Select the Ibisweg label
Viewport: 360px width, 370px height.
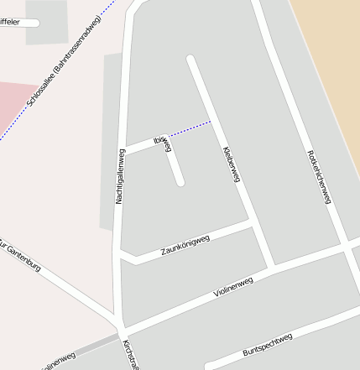click(163, 143)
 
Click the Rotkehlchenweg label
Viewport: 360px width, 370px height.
click(320, 176)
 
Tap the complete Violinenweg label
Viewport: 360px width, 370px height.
click(232, 287)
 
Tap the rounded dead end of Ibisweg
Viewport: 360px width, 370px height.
click(180, 181)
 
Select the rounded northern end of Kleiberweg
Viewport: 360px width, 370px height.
click(191, 60)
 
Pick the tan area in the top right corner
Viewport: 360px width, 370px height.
click(331, 42)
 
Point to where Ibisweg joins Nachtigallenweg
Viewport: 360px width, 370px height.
click(124, 151)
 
